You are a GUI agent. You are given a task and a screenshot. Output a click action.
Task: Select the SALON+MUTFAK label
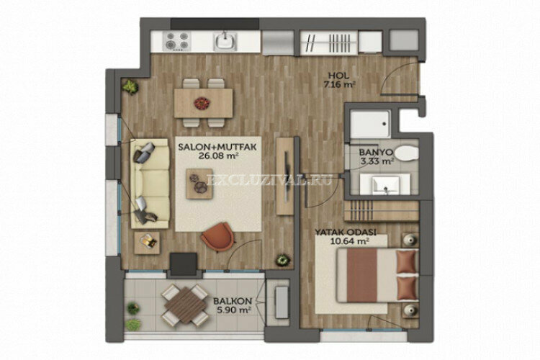pos(208,148)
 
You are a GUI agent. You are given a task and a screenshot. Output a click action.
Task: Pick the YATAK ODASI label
pos(343,233)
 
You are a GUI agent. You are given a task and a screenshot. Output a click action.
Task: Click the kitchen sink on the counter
pos(226,40)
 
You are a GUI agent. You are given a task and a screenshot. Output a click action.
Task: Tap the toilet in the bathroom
pos(407,153)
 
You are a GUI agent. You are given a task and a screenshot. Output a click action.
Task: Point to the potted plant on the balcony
pos(132,308)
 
